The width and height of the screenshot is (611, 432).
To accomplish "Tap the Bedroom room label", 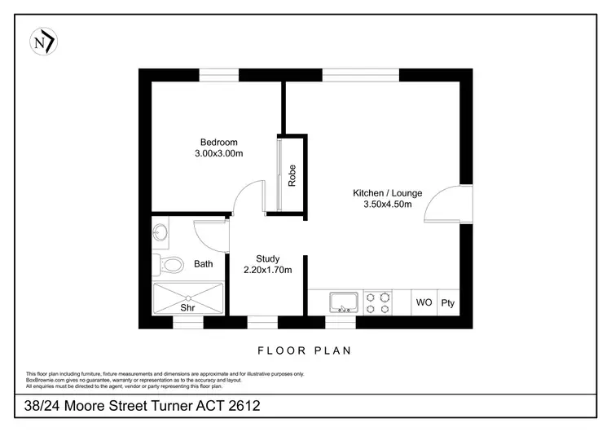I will click(x=219, y=142).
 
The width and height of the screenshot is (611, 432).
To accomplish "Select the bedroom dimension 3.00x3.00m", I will click(x=219, y=153).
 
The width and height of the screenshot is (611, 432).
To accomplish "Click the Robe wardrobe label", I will click(x=292, y=175).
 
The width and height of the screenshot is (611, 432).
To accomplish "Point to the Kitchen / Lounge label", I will click(x=387, y=193).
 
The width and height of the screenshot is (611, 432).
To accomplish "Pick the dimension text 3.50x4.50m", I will click(x=387, y=205).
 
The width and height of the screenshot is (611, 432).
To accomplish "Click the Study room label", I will click(x=267, y=259).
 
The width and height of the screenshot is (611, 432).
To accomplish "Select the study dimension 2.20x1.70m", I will click(x=267, y=270).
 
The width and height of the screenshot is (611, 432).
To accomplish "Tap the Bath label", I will click(x=203, y=264).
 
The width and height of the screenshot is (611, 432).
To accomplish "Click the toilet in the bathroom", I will click(x=169, y=264).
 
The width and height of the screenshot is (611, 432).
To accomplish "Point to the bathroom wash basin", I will click(x=160, y=232).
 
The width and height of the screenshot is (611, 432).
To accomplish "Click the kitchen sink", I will click(x=344, y=303).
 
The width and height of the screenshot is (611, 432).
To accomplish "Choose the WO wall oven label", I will click(x=424, y=303).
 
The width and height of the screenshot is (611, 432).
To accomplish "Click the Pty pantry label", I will click(x=447, y=303).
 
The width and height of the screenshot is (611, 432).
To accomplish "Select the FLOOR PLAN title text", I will click(x=304, y=350).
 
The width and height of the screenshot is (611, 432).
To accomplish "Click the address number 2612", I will click(x=241, y=405).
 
